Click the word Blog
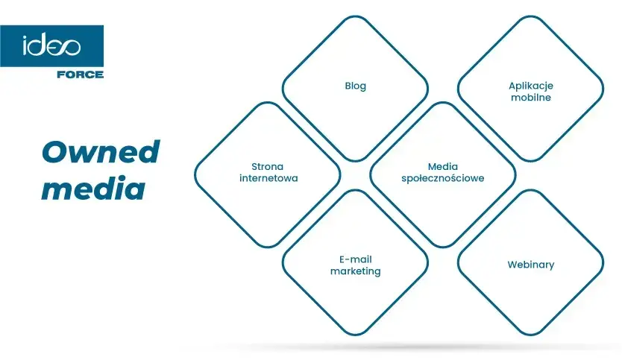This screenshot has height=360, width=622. point(356,86)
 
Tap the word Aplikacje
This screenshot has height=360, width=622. point(531,86)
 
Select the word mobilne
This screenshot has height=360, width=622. point(531,98)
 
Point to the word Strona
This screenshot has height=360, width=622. point(267,166)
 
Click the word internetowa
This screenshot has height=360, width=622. point(268,178)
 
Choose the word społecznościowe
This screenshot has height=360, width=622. point(443,178)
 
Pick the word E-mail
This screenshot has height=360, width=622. point(356,259)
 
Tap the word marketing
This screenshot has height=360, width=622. point(356,271)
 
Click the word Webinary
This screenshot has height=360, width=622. point(531,265)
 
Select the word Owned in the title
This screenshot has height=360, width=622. point(101,152)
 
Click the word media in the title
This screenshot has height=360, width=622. point(93,189)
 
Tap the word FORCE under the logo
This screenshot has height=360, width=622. point(80,75)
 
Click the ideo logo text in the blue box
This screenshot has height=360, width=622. point(51,46)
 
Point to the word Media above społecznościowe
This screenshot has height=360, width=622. point(443,166)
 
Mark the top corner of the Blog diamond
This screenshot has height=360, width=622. point(356,16)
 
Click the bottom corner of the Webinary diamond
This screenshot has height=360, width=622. point(531,335)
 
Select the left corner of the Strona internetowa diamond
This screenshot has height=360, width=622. point(195,175)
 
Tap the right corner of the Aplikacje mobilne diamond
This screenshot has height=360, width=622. point(603,89)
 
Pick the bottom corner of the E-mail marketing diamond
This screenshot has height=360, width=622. point(356,335)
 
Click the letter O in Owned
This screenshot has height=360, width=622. point(55,152)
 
